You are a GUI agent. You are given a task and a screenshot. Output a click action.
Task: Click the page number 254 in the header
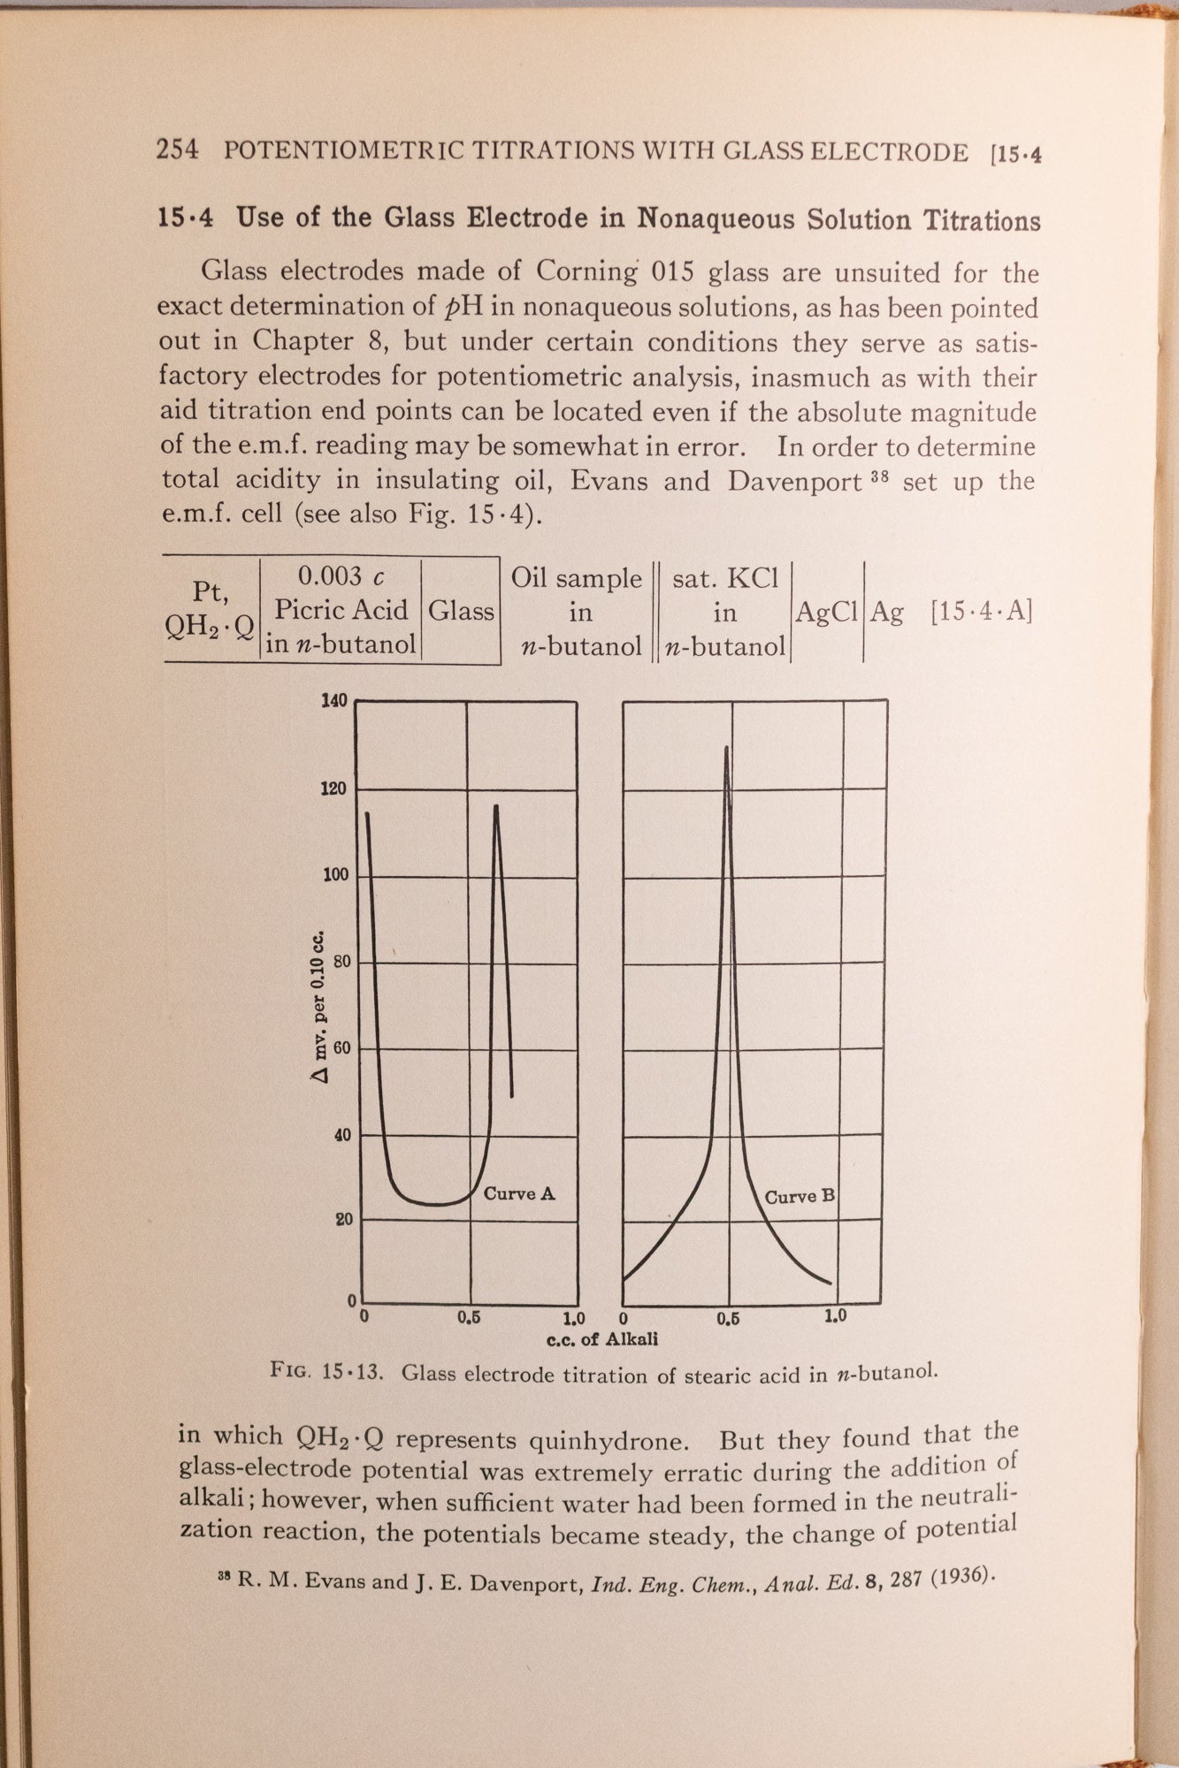click(x=177, y=149)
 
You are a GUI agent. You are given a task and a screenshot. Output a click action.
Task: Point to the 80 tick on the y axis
click(x=342, y=962)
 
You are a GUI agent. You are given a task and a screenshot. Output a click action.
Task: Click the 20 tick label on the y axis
click(x=342, y=1219)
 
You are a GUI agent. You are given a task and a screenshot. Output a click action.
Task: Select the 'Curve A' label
click(x=519, y=1193)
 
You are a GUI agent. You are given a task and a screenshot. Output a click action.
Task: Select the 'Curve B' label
click(x=800, y=1197)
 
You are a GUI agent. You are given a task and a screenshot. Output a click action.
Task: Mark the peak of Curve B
click(x=727, y=748)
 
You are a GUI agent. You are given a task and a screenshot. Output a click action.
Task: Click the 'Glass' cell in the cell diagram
click(x=461, y=611)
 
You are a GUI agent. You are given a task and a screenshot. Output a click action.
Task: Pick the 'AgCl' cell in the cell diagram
click(x=827, y=612)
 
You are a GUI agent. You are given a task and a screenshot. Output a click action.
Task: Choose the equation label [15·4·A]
click(x=981, y=612)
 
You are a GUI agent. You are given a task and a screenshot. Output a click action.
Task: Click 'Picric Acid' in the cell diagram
click(x=341, y=610)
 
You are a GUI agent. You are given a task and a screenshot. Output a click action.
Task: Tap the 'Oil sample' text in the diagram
click(x=577, y=578)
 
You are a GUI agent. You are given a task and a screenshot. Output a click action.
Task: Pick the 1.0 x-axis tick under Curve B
click(x=835, y=1315)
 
